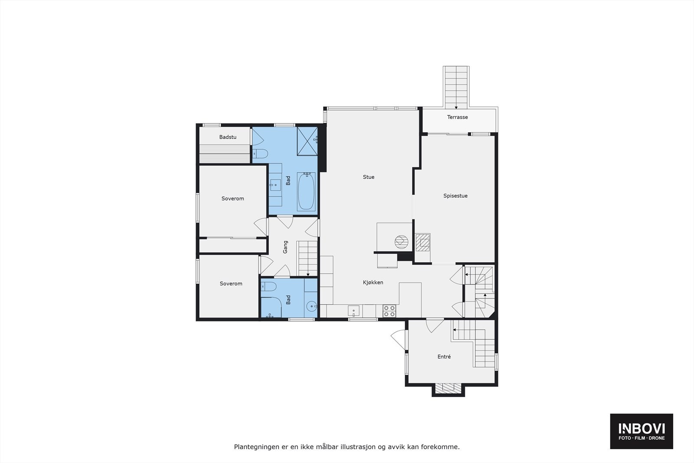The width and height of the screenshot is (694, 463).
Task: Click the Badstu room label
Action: (x=228, y=137)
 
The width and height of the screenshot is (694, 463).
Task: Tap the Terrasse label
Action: (x=457, y=117)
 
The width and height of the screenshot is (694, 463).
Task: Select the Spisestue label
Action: (x=455, y=196)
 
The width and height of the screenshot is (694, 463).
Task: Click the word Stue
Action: (x=368, y=177)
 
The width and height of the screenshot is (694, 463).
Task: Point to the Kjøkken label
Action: (x=373, y=282)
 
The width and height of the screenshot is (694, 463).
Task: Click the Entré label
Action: (x=444, y=357)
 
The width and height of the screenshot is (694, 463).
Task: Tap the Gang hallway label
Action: (x=285, y=247)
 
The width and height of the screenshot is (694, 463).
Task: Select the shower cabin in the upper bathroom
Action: (x=307, y=141)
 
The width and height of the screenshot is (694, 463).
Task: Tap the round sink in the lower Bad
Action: (x=311, y=306)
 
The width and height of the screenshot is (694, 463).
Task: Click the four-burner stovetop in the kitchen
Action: (x=389, y=311)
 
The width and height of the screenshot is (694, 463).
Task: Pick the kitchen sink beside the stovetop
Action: (x=354, y=311)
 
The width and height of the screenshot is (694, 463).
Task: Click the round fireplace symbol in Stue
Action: (x=401, y=242)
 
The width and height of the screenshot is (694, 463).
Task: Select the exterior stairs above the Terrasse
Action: (x=456, y=87)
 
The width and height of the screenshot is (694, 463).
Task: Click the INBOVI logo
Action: (x=642, y=431)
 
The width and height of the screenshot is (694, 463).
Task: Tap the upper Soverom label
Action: (x=232, y=199)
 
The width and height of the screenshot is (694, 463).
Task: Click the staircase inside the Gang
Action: (x=308, y=258)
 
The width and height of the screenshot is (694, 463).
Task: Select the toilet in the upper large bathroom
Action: (x=260, y=153)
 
